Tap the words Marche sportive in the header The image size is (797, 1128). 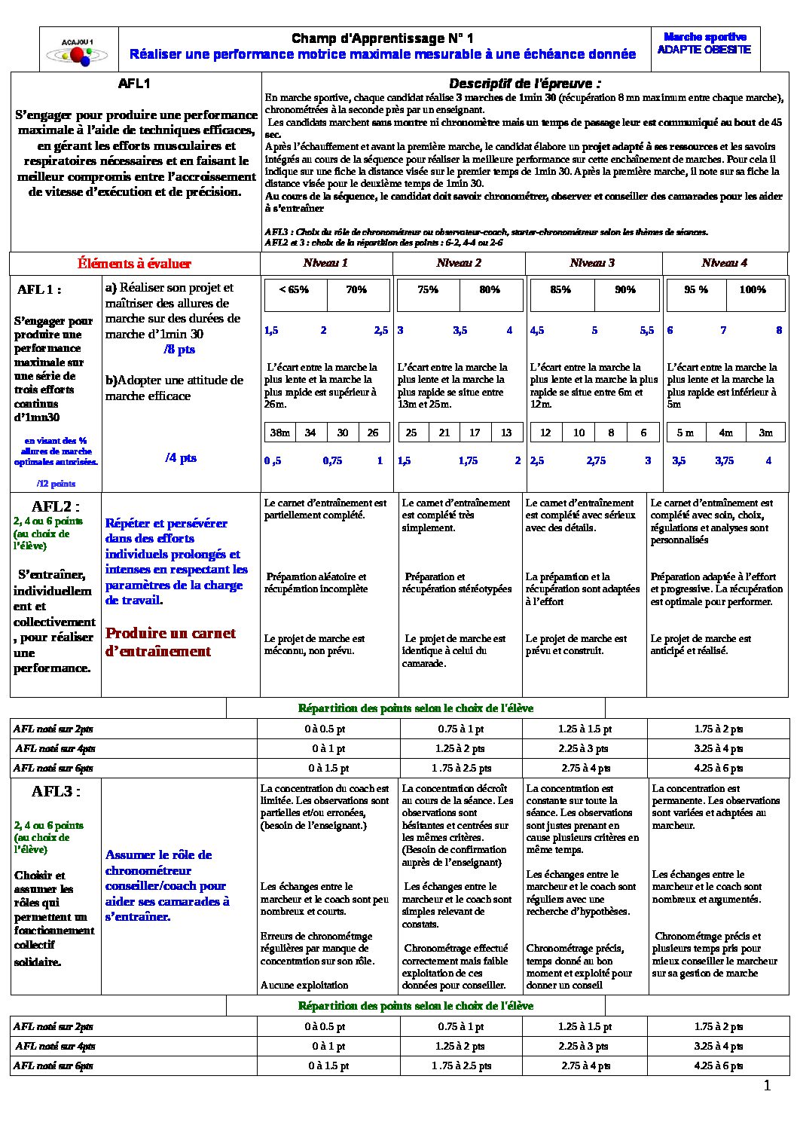click(704, 37)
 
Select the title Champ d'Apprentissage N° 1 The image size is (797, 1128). click(382, 38)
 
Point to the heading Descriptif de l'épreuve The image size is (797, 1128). click(525, 84)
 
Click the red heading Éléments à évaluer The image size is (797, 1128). click(134, 264)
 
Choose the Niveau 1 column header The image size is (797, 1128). click(325, 263)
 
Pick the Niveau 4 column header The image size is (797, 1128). click(724, 263)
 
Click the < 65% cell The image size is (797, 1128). click(294, 290)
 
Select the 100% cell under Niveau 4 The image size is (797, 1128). click(752, 290)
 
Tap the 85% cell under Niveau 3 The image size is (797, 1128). click(560, 290)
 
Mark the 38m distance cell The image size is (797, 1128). click(279, 433)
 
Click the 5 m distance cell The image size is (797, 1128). click(685, 433)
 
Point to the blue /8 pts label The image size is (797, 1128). click(179, 350)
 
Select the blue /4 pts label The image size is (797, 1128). click(181, 458)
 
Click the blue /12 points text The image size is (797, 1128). click(56, 484)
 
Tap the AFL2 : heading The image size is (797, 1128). click(55, 506)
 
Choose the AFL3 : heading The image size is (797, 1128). click(55, 791)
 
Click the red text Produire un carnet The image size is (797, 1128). click(170, 634)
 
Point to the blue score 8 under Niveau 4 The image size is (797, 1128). click(779, 331)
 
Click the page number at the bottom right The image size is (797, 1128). click(767, 1086)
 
